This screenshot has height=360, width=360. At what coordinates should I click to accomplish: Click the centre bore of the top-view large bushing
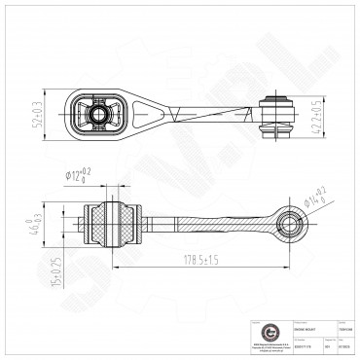100,116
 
